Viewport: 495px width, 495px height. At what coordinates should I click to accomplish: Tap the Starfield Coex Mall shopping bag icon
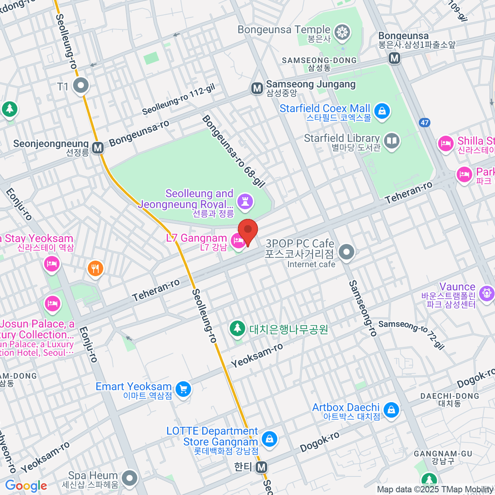[x=382, y=111]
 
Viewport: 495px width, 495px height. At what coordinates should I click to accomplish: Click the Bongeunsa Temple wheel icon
[x=342, y=32]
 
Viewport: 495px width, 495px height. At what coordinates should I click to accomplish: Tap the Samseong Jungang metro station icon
[x=257, y=88]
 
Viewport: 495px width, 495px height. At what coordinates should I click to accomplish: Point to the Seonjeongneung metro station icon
[x=98, y=148]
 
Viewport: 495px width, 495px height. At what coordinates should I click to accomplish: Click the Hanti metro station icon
[x=261, y=467]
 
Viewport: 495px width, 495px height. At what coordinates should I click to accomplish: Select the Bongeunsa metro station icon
[x=395, y=58]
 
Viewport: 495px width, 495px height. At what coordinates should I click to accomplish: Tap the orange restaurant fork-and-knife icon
[x=95, y=269]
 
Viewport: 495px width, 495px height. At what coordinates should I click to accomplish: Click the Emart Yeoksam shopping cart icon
[x=183, y=389]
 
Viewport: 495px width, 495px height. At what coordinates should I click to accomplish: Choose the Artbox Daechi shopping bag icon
[x=391, y=410]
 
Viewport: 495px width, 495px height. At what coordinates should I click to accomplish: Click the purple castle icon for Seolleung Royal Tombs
[x=246, y=201]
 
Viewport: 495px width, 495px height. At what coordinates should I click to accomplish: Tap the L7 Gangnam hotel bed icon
[x=238, y=241]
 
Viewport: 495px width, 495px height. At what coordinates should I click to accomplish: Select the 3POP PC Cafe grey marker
[x=346, y=252]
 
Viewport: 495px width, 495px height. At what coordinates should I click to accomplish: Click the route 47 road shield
[x=425, y=123]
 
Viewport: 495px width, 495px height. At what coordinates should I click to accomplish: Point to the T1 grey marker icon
[x=81, y=86]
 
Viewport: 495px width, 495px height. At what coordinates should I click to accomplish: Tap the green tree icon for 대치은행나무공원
[x=237, y=328]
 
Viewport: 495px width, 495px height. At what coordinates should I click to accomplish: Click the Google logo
[x=26, y=486]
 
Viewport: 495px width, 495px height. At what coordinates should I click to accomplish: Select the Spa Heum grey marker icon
[x=130, y=478]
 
